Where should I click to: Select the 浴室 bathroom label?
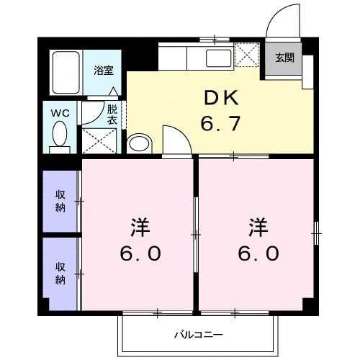pyautogui.click(x=103, y=71)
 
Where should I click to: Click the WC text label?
pyautogui.click(x=59, y=113)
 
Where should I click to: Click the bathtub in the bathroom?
pyautogui.click(x=66, y=73)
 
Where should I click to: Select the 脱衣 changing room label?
pyautogui.click(x=112, y=114)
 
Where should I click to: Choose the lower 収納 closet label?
pyautogui.click(x=61, y=272)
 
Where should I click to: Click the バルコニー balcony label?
pyautogui.click(x=197, y=335)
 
